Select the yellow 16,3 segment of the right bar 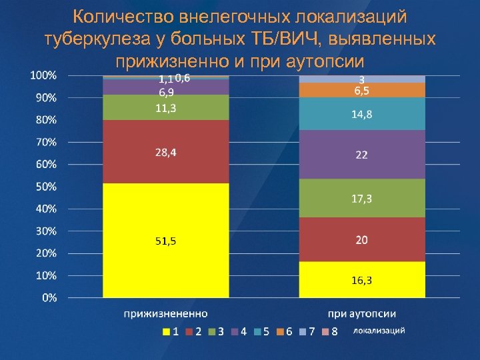[362, 279]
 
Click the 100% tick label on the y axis [44, 75]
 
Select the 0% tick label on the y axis [49, 298]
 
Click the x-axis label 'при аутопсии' [363, 313]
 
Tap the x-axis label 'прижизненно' [165, 313]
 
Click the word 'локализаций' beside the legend [378, 331]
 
